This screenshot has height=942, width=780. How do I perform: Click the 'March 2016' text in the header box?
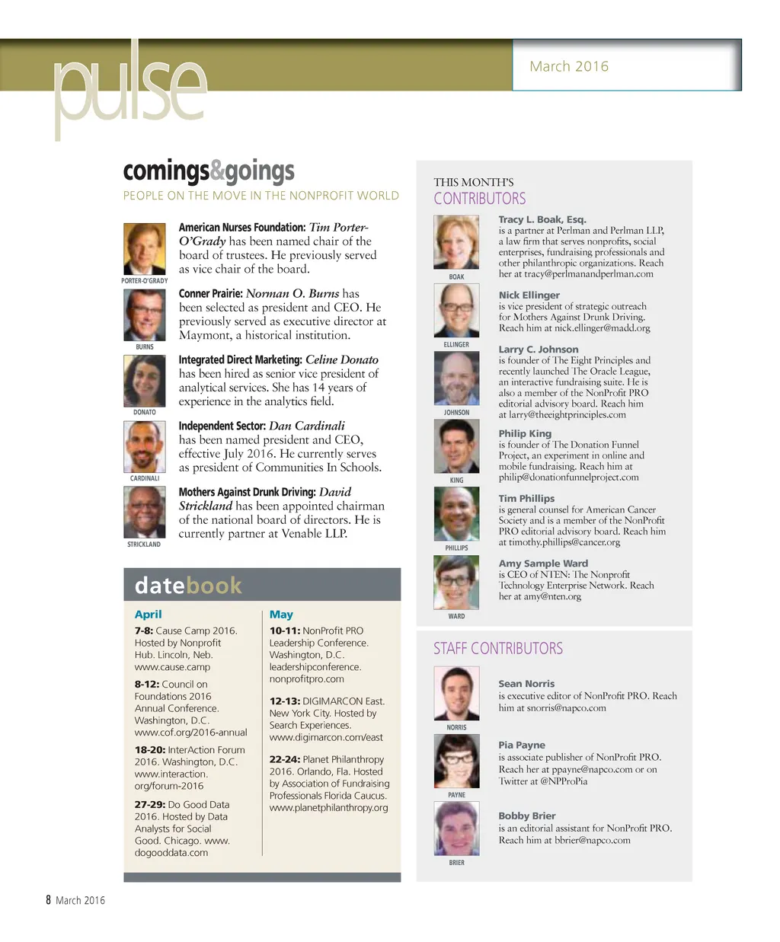click(569, 66)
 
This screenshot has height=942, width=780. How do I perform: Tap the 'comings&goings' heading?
click(209, 171)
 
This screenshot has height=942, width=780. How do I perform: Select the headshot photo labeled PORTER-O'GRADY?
click(145, 249)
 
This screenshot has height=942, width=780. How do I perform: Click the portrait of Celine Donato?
click(145, 382)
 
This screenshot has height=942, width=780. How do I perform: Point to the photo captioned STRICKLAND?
click(145, 513)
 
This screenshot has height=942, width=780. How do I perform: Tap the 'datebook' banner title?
click(188, 585)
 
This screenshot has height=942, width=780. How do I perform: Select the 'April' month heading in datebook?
click(148, 615)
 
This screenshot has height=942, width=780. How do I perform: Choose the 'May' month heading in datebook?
click(281, 615)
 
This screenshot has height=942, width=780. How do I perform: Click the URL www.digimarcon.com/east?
click(326, 737)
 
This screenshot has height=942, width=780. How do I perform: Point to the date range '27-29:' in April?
click(150, 804)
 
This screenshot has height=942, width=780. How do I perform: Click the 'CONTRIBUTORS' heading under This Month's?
click(480, 199)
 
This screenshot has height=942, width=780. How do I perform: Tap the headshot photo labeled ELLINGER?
click(456, 310)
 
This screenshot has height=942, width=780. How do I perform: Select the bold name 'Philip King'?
click(525, 433)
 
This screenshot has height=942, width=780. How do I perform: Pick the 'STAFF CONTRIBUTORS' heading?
click(498, 649)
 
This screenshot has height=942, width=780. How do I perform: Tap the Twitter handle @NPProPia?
click(564, 781)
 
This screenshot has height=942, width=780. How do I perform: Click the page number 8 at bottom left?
click(48, 900)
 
